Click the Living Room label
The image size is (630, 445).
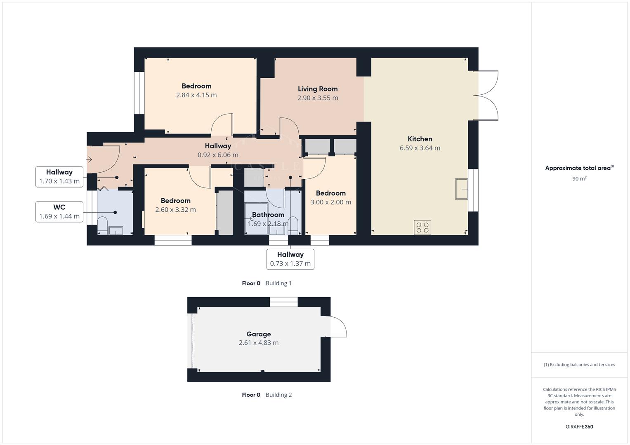pos(318,89)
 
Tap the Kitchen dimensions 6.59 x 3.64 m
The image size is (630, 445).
pos(420,148)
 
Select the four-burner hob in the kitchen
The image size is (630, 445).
pos(422,227)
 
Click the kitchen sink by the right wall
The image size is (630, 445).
pos(461,189)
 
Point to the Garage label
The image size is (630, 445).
pos(259,334)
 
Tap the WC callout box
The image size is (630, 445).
pos(59,212)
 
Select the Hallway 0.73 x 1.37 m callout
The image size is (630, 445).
pos(290,259)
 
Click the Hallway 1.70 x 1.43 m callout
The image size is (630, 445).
pos(59,177)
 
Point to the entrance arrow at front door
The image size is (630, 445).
pos(89,159)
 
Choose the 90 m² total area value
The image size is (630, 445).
pos(579,179)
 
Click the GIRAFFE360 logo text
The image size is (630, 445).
pos(579,427)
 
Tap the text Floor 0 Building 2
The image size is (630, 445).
pos(267,395)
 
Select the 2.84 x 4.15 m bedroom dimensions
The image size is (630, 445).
pos(196,95)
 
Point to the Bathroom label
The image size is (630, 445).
pos(268,215)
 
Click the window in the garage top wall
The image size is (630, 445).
pos(283,302)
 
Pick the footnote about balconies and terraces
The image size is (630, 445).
pos(579,365)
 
